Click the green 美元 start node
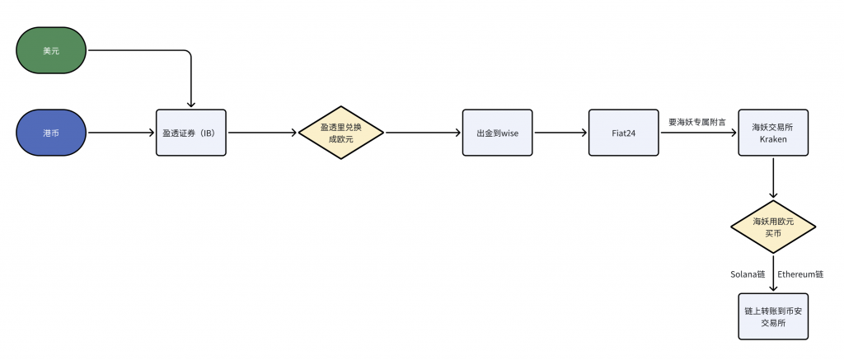point(51,50)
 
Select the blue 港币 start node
point(51,133)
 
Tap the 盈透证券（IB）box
point(191,133)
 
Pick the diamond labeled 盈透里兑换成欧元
point(340,133)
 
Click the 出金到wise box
point(498,133)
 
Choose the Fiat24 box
point(624,133)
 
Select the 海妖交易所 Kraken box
point(773,133)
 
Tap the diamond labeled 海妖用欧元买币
point(773,227)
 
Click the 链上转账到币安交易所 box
point(773,316)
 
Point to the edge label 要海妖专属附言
point(697,122)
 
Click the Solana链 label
point(748,274)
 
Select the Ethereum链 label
point(800,274)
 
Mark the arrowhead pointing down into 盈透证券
point(191,105)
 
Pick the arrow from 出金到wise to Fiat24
point(560,133)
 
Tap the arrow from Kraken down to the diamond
point(773,178)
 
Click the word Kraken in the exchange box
point(773,139)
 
